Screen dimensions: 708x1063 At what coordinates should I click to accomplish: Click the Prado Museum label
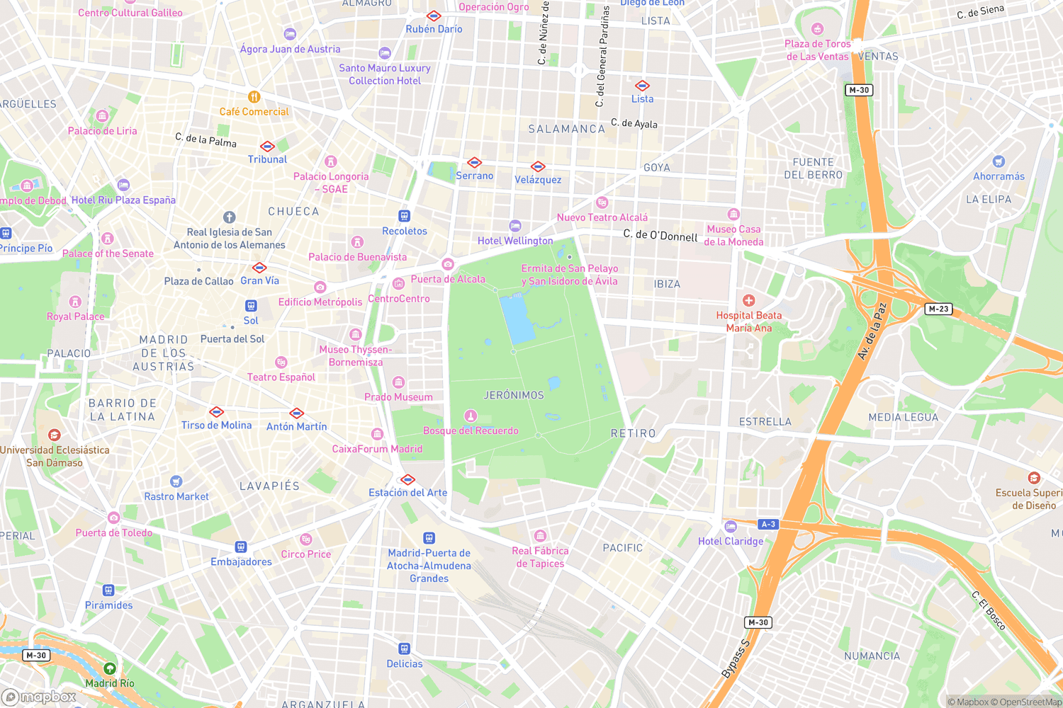pos(398,397)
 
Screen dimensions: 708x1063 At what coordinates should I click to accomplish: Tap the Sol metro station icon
pos(251,306)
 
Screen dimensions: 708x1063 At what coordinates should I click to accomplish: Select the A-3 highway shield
pos(768,525)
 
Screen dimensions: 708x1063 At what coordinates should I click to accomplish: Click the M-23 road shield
pos(938,309)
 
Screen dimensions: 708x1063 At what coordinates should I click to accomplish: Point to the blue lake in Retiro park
pos(517,320)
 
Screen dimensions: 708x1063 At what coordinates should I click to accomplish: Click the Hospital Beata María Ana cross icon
pos(748,301)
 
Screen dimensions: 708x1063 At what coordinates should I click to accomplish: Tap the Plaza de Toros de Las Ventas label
pos(817,50)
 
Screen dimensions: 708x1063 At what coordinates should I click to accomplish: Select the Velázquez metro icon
pos(538,167)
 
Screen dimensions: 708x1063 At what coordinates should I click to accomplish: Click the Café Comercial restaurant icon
pos(254,97)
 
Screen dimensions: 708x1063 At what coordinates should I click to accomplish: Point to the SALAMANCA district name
pos(567,129)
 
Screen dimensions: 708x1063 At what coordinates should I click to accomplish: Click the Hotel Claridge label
pos(731,541)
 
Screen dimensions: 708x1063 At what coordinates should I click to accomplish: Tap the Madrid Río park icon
pos(109,668)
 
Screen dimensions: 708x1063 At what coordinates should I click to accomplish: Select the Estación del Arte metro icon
pos(407,479)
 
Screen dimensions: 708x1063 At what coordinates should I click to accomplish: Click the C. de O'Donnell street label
pos(660,235)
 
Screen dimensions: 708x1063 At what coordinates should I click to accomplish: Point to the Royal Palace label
pos(76,316)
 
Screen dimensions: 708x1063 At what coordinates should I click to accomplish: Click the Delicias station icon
pos(404,649)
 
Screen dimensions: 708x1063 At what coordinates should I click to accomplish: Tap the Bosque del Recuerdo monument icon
pos(471,416)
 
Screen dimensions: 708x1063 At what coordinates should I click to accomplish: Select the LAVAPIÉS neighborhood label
pos(269,486)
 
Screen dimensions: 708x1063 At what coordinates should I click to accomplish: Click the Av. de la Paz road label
pos(872,331)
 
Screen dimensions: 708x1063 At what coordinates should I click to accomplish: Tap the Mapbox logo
pos(39,697)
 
